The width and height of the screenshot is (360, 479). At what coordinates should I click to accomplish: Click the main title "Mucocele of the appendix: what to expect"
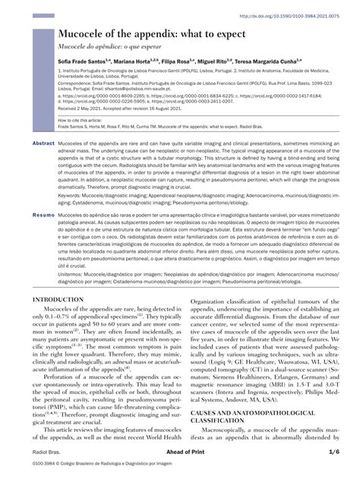click(x=157, y=36)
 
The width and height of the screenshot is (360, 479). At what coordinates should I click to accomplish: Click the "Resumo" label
click(x=43, y=216)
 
